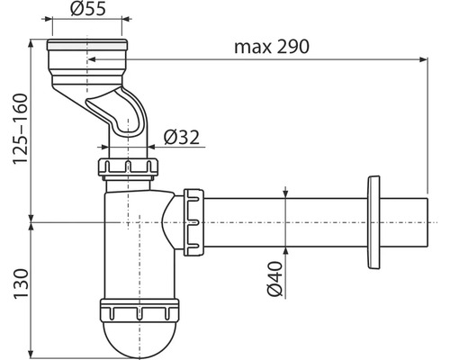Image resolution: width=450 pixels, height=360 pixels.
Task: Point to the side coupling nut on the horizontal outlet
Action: click(192, 219)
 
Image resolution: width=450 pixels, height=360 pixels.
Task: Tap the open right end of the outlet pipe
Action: click(423, 219)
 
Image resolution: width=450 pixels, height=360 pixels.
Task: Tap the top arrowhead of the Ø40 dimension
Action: click(286, 193)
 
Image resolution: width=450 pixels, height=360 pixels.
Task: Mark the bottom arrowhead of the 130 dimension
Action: click(32, 351)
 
